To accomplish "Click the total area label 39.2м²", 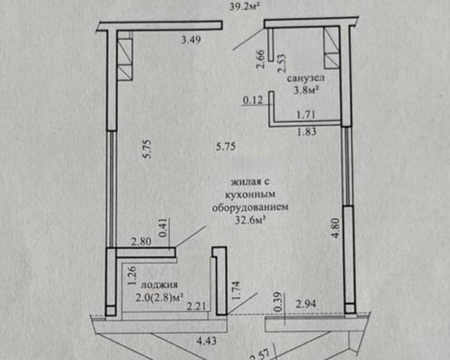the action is pos(245,6).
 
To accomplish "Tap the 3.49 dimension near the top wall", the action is pos(191,40).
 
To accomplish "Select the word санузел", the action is pos(306,77).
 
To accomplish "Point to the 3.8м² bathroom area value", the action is pos(306,90).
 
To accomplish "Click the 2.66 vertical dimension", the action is pos(261,59).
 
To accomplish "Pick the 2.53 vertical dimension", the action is pos(282,63).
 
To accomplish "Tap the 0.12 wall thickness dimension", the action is pos(253,101).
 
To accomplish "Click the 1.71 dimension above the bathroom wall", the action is pos(306,115).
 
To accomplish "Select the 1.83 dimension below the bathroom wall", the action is pos(306,132).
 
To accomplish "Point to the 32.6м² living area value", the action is pos(250,220).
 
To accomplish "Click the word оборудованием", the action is pos(250,207).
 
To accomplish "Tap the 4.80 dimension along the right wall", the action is pos(336,227).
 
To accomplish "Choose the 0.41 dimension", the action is pos(164,228).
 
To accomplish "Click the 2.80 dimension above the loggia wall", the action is pos(141,242).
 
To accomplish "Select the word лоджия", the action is pos(160,285).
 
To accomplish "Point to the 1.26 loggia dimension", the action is pos(132,275).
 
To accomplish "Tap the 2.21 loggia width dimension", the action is pos(196,306).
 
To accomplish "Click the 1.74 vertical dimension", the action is pos(236,291).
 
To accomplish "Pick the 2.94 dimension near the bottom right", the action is pos(306,304).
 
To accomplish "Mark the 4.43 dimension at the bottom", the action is pos(207,342).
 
